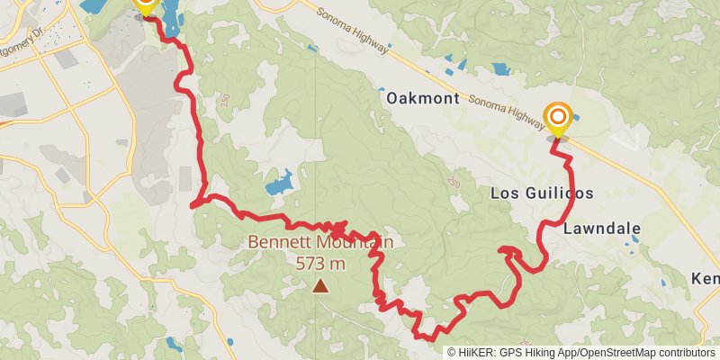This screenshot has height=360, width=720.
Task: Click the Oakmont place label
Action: [x=423, y=99]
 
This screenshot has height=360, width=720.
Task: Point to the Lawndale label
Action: [x=601, y=229]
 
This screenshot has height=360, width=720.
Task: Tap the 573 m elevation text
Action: [x=320, y=264]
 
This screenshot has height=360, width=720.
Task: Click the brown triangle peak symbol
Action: [x=320, y=286]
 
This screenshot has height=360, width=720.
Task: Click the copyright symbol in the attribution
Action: [x=452, y=353]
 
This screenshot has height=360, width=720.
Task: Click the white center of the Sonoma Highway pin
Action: [x=558, y=116]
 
